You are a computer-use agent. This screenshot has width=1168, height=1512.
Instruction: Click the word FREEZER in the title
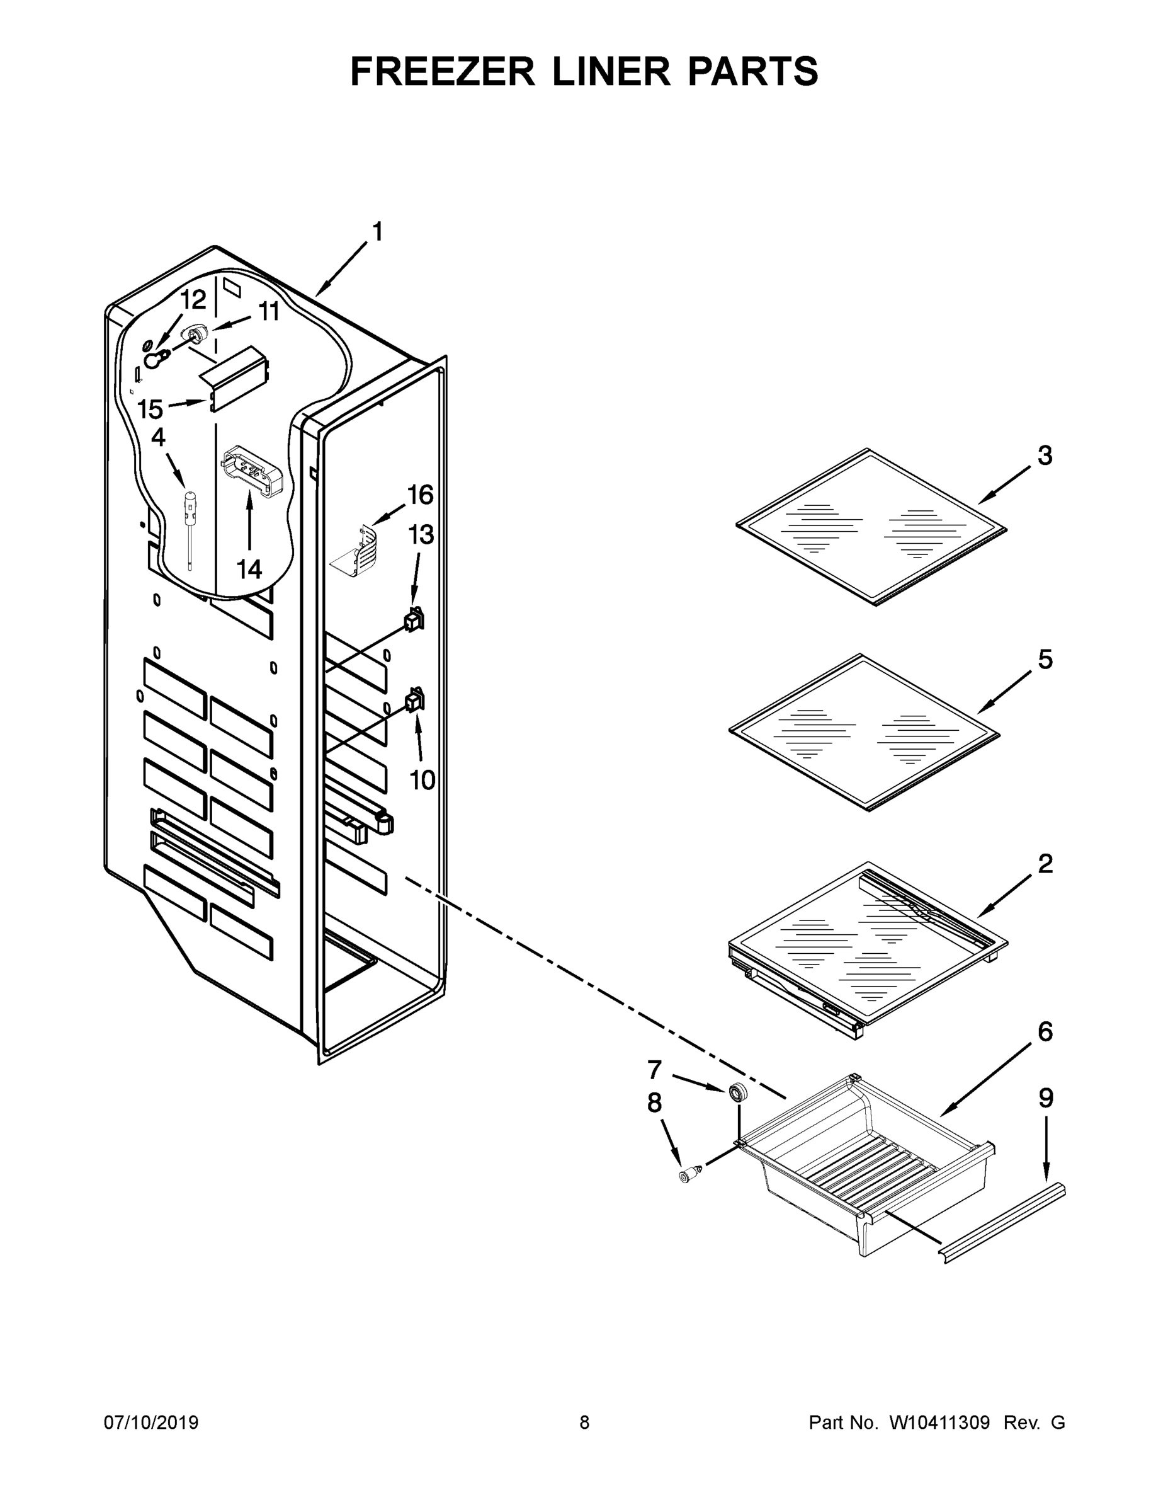[442, 71]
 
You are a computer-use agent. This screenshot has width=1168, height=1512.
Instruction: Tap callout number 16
[420, 495]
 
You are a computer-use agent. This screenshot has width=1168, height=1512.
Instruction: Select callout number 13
[421, 534]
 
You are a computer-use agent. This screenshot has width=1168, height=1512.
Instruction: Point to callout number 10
[422, 780]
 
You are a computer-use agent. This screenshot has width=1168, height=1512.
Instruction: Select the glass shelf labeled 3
[872, 527]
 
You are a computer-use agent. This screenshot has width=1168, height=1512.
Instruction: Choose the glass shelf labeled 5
[865, 732]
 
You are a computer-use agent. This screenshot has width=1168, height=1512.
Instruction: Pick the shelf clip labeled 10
[414, 701]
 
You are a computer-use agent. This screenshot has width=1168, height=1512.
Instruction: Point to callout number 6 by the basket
[1045, 1031]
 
